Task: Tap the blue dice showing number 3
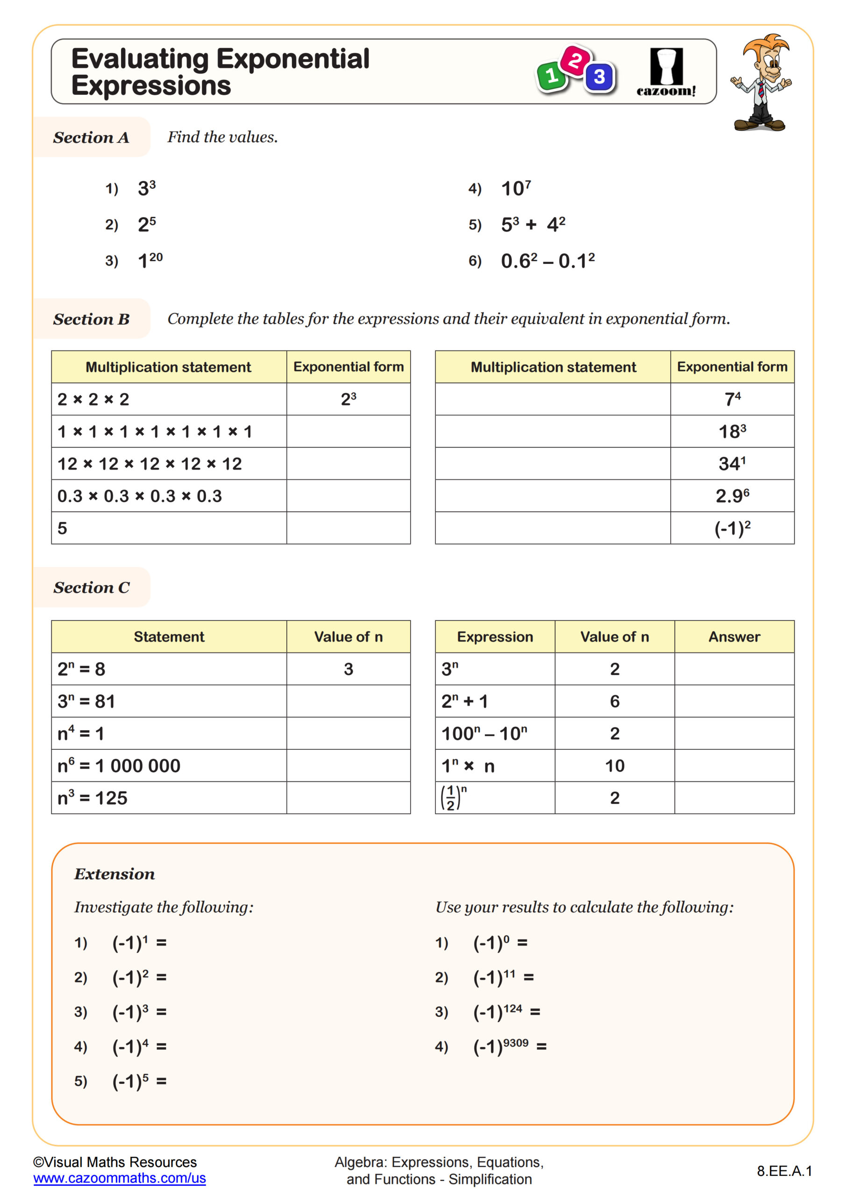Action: tap(599, 77)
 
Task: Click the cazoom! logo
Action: tap(666, 72)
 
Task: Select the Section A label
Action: tap(91, 137)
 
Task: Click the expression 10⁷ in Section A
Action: tap(516, 188)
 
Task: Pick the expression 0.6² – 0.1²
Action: tap(547, 260)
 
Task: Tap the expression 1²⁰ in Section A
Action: tap(150, 260)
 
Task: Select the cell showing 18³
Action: tap(732, 431)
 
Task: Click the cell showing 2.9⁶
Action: tap(732, 495)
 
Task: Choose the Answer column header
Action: tap(734, 637)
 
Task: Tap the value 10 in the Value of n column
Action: tap(615, 766)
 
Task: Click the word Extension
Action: tap(114, 874)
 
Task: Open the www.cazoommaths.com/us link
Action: tap(119, 1178)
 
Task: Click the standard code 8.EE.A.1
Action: tap(784, 1171)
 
